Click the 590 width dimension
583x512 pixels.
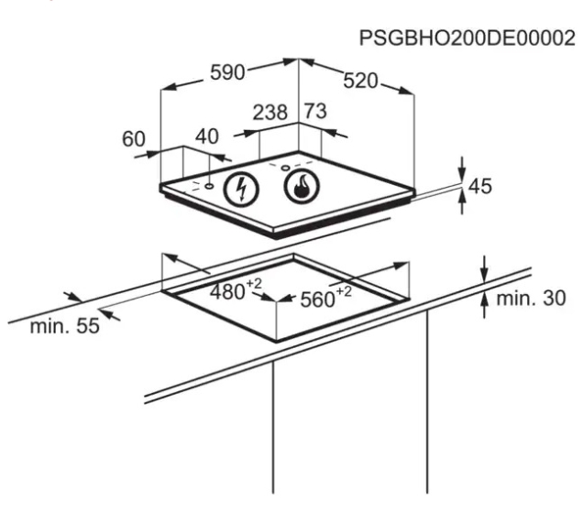(227, 74)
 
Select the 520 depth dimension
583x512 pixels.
(360, 81)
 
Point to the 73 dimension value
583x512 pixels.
(315, 112)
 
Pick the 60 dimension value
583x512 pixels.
(134, 138)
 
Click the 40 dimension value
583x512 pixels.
(207, 137)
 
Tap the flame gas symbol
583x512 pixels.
(298, 189)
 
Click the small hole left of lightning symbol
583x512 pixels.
(210, 185)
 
